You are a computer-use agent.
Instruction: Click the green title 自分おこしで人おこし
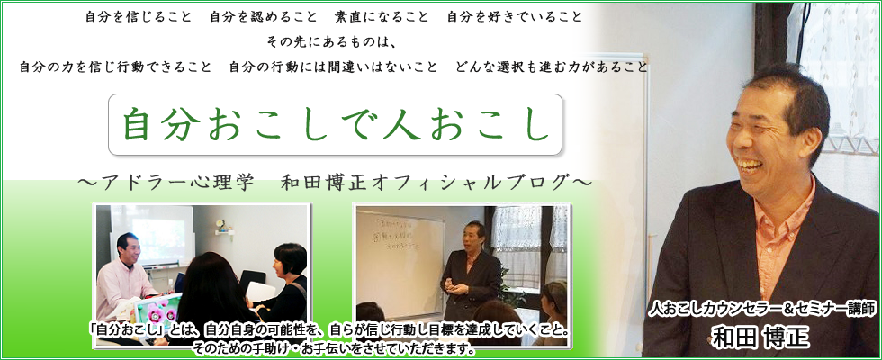coord(336,125)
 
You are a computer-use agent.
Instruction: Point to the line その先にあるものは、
coord(334,42)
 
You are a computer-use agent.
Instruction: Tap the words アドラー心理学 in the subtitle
coord(177,183)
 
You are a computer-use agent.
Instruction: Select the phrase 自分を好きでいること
coord(515,17)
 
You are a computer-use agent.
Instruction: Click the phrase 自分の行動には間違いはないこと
coord(333,67)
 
